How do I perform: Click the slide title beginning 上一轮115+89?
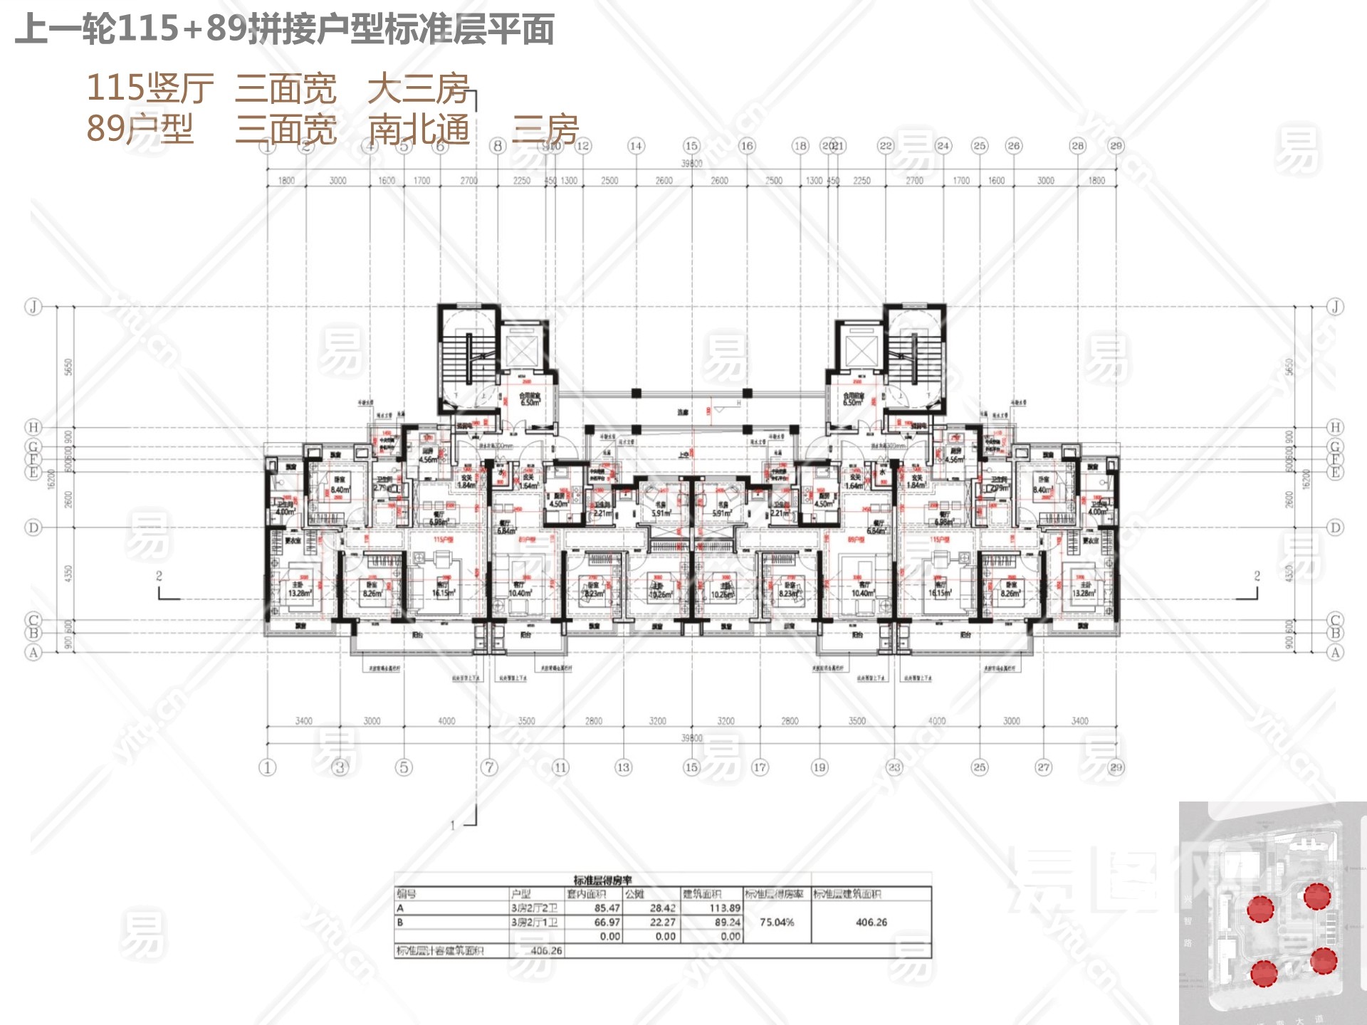point(285,30)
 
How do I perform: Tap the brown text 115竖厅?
point(150,89)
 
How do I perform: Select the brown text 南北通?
point(419,130)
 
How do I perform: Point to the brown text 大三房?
point(419,89)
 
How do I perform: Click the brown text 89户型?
point(140,130)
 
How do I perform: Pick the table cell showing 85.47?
point(607,908)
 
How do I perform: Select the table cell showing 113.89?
point(725,908)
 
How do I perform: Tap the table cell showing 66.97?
point(607,922)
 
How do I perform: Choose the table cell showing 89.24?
point(726,922)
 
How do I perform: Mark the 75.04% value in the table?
point(776,922)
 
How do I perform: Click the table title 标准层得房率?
point(602,881)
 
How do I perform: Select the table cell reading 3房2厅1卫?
point(534,922)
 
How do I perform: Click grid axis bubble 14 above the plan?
point(635,146)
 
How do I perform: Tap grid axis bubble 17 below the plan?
point(760,767)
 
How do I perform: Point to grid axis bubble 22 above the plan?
point(885,146)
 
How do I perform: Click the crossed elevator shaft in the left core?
point(522,349)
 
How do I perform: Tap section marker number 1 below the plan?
point(453,826)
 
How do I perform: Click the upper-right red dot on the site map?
point(1316,896)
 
